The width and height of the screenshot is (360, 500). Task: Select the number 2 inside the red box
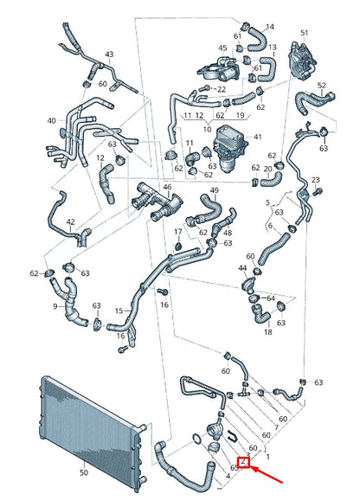pos(245,464)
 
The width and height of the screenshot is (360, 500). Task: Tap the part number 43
pos(109,54)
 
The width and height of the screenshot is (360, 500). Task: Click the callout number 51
pos(304,33)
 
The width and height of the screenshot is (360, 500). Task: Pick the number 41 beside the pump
pos(256,138)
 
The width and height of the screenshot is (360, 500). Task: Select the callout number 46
pos(167,187)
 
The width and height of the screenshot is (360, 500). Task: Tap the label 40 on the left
pos(51,121)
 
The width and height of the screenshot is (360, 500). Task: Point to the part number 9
pos(55,305)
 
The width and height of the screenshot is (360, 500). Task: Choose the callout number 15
pos(119,311)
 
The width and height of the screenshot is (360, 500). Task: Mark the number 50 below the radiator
pos(83,473)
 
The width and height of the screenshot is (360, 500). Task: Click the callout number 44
pos(242,269)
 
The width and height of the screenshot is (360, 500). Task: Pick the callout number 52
pos(322,85)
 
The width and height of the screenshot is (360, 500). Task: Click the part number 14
pos(269,27)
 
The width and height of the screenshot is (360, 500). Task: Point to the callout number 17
pos(177,232)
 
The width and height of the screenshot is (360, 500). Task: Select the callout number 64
pos(271,298)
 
